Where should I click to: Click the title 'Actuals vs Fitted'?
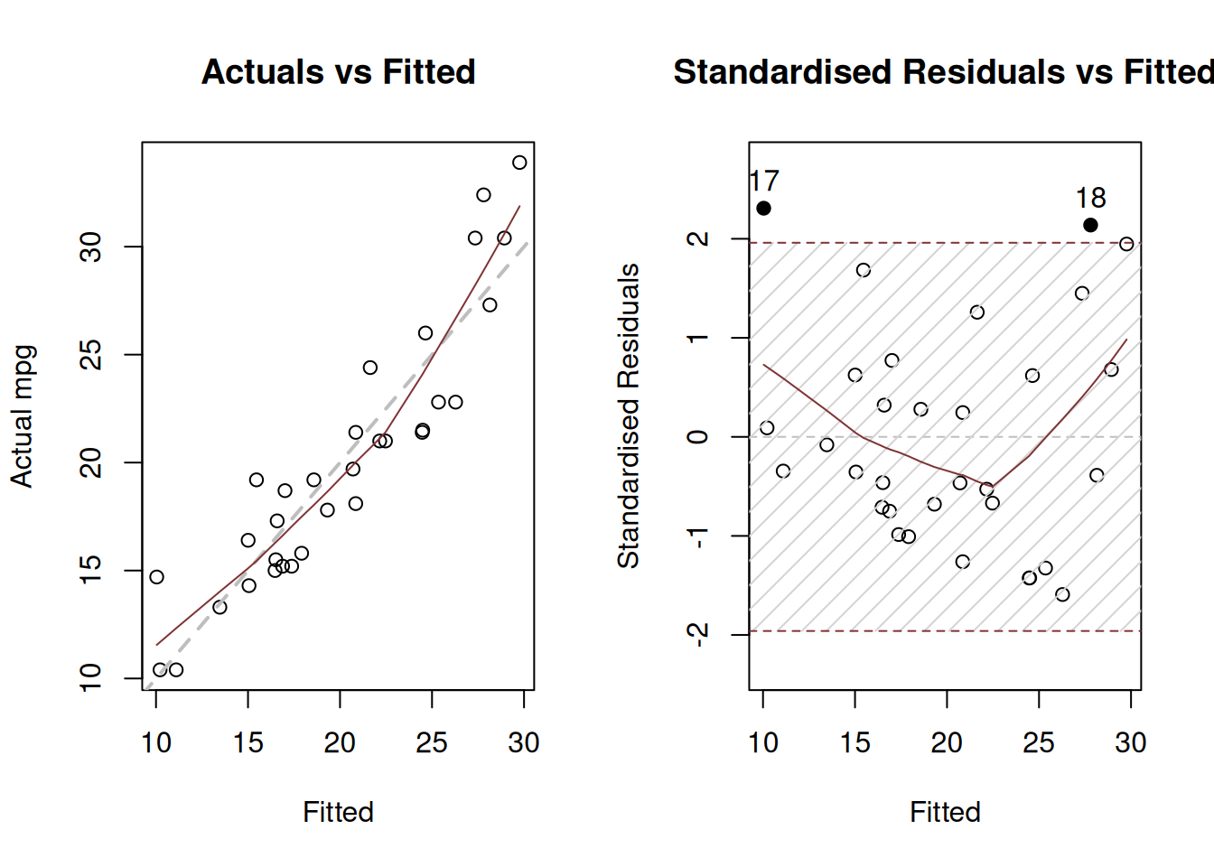(x=338, y=72)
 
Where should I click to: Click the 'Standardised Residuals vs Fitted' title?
(x=943, y=72)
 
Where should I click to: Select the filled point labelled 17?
(x=763, y=209)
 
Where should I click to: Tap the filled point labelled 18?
(x=1090, y=225)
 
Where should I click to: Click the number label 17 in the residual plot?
(x=764, y=182)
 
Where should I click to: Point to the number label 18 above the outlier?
(x=1090, y=198)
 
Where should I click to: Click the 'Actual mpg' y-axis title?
(x=22, y=416)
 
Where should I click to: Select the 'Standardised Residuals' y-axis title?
(x=628, y=416)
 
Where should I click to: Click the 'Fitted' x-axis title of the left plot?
(x=338, y=812)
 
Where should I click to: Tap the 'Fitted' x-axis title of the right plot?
(x=945, y=812)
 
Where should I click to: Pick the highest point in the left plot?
(x=519, y=163)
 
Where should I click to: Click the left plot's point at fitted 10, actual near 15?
(x=156, y=577)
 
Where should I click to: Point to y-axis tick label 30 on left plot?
(x=90, y=247)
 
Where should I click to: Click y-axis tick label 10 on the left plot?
(x=90, y=677)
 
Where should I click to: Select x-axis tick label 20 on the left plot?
(x=340, y=742)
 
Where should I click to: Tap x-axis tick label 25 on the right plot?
(x=1039, y=742)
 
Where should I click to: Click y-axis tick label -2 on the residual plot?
(x=696, y=634)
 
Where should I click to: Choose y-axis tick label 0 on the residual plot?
(x=696, y=437)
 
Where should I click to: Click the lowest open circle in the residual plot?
(x=1062, y=594)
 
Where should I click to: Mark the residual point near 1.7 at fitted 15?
(x=864, y=270)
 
